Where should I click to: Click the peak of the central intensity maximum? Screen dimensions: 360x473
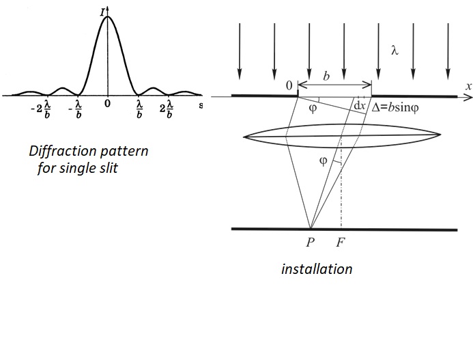pos(106,16)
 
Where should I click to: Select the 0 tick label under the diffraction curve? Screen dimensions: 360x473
pos(107,104)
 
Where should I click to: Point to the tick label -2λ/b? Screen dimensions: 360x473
pos(41,109)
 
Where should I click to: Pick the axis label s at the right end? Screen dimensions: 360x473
pos(201,105)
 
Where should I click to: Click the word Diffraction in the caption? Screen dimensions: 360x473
pos(62,151)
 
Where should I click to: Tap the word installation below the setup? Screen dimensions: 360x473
pos(317,268)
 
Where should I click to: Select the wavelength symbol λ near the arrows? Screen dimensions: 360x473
pos(394,51)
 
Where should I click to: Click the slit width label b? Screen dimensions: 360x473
pos(326,77)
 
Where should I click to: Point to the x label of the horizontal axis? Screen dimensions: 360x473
pos(469,87)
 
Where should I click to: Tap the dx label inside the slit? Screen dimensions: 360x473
pos(358,106)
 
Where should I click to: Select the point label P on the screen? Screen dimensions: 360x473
pos(311,242)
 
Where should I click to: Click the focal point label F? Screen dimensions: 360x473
pos(341,242)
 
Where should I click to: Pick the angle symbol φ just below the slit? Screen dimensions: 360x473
pos(313,107)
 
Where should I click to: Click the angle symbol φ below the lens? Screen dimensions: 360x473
pos(323,161)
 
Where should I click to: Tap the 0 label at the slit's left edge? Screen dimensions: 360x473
pos(289,85)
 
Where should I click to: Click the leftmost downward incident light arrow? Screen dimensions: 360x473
pos(240,49)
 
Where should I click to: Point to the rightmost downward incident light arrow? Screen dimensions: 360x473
pos(447,49)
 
